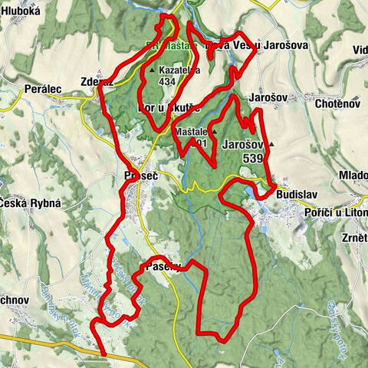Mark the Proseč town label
click(140, 176)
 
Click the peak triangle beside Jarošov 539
click(271, 143)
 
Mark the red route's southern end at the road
click(102, 354)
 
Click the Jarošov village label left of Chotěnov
click(265, 99)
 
